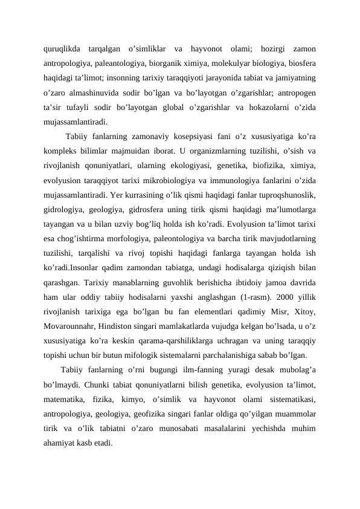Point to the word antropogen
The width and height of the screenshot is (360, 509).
pyautogui.click(x=296, y=92)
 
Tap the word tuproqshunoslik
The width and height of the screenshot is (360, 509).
pyautogui.click(x=289, y=194)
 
